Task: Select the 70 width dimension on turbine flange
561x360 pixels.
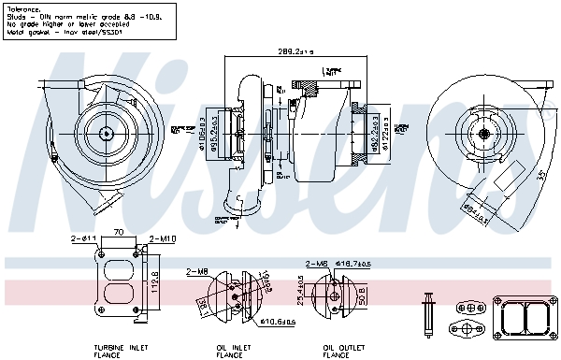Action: [x=119, y=232]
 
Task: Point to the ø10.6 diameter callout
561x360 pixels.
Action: [x=278, y=323]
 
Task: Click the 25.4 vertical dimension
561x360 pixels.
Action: [x=299, y=291]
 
